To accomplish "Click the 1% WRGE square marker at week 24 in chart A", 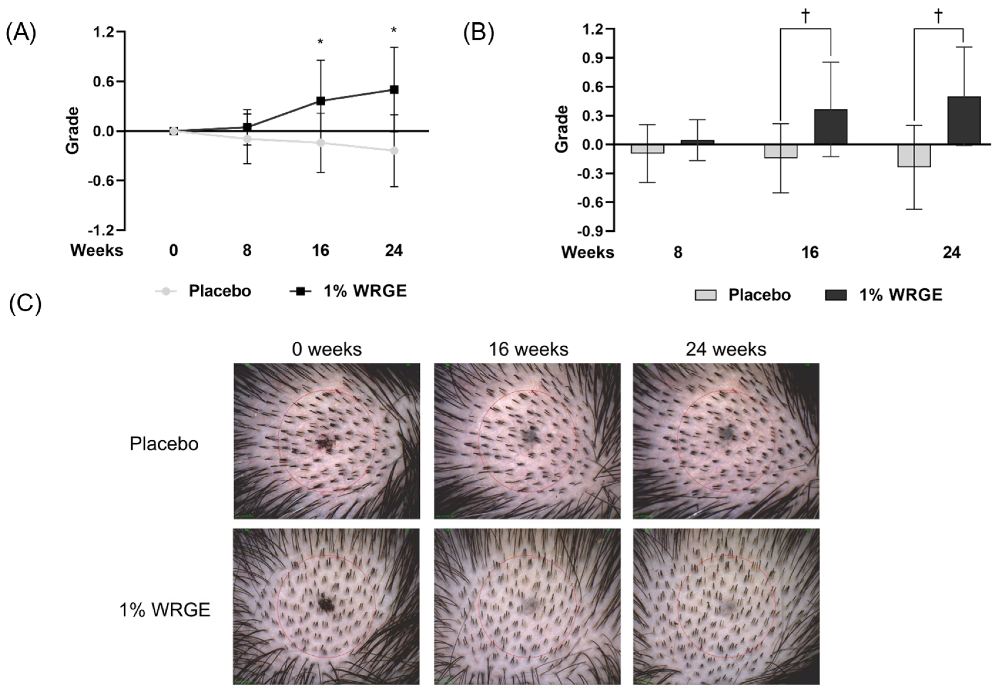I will [394, 90].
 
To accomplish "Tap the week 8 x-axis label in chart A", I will [247, 251].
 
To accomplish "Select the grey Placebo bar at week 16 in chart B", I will [781, 151].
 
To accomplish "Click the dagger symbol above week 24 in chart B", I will [939, 16].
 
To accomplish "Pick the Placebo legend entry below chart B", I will [743, 295].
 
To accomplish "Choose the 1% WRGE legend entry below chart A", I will [349, 291].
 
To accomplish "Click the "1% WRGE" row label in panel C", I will [165, 610].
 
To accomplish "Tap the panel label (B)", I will [479, 33].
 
